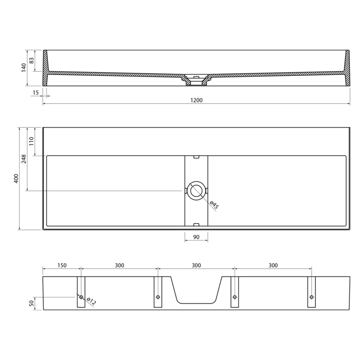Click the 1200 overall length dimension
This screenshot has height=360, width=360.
pyautogui.click(x=196, y=100)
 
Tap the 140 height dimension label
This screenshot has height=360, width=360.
pyautogui.click(x=24, y=68)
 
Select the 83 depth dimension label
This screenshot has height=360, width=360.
pyautogui.click(x=32, y=60)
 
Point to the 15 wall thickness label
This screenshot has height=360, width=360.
pyautogui.click(x=36, y=93)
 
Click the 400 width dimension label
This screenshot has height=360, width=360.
pyautogui.click(x=16, y=179)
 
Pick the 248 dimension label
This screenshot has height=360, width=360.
pyautogui.click(x=24, y=159)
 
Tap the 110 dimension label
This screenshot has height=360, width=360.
pyautogui.click(x=32, y=141)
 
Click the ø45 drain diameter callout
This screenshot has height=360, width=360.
pyautogui.click(x=214, y=205)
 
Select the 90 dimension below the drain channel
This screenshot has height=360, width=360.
pyautogui.click(x=196, y=237)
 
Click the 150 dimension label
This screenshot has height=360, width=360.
pyautogui.click(x=62, y=265)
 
